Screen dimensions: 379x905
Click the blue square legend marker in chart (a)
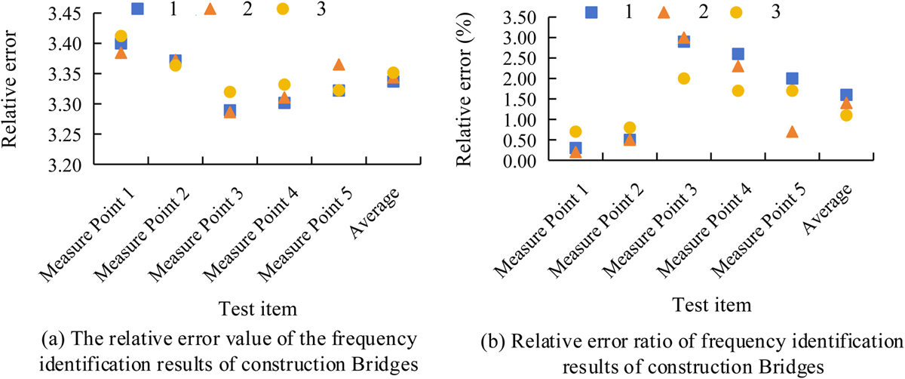137,8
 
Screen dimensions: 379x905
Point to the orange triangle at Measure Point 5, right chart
792,132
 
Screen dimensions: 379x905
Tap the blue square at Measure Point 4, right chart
738,54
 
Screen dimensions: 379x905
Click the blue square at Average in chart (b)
845,95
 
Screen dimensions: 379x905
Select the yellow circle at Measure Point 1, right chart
575,132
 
